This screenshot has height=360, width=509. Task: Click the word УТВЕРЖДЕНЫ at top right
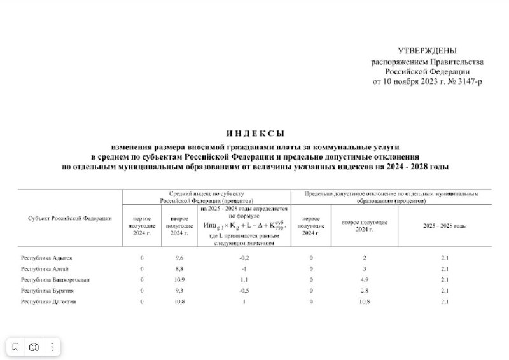click(427, 50)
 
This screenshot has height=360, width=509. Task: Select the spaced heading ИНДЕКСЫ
click(254, 133)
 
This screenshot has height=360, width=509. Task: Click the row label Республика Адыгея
click(46, 258)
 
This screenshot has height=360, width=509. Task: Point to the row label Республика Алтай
click(44, 268)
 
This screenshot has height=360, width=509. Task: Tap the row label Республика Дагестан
click(48, 301)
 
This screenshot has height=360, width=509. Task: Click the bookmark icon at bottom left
click(16, 347)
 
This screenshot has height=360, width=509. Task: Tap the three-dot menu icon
click(52, 347)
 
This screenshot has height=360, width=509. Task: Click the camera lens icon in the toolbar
click(34, 347)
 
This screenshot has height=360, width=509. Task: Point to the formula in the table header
click(244, 226)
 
